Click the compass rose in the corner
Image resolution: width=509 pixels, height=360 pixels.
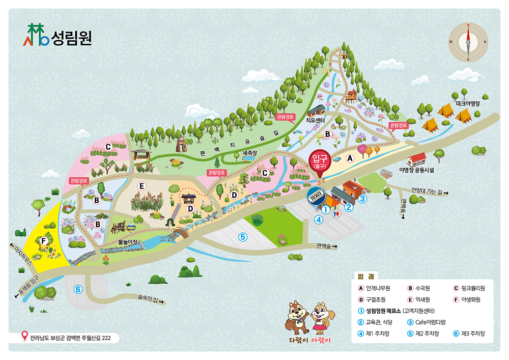468,42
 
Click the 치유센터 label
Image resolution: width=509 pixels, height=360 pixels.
315,121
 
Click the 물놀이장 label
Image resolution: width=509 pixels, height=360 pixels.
128,241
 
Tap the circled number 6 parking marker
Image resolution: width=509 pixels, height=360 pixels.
78,289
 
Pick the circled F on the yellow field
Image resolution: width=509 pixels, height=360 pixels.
44,240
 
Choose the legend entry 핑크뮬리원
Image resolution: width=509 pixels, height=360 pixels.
469,288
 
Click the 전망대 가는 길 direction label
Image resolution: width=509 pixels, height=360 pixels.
429,192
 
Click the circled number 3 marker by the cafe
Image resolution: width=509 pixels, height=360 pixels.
362,199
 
